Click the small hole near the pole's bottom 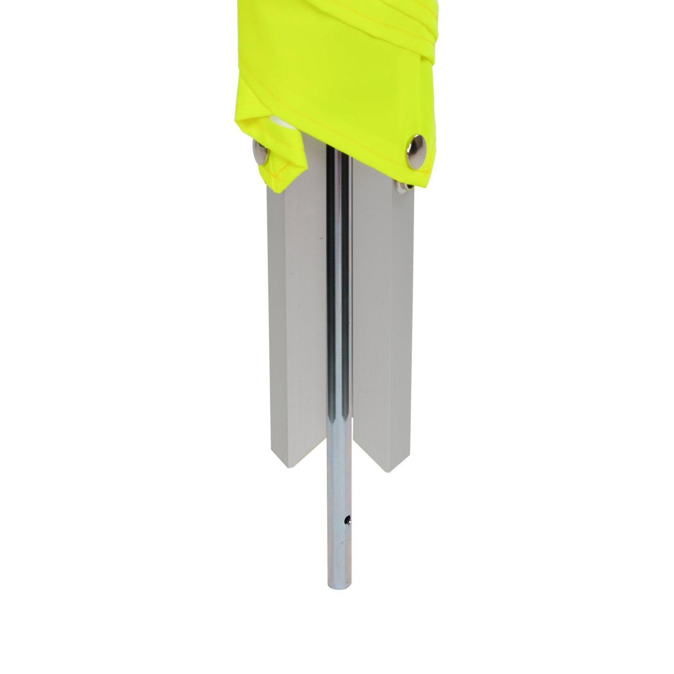click(x=347, y=519)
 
